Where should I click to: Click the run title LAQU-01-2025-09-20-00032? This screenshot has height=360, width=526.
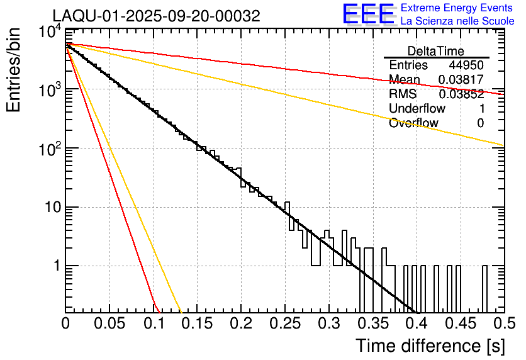click(156, 16)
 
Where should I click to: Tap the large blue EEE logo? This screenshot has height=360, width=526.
click(368, 14)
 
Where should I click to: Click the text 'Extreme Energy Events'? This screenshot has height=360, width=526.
click(457, 8)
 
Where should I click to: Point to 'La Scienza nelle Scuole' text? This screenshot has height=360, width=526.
click(457, 21)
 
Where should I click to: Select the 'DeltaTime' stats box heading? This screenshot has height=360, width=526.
click(436, 51)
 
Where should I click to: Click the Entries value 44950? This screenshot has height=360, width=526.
click(466, 65)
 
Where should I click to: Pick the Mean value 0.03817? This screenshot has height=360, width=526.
click(461, 80)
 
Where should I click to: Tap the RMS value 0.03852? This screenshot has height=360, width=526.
click(461, 94)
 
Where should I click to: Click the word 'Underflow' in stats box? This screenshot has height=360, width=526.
click(417, 109)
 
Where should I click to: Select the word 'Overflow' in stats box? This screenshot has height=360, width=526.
click(413, 123)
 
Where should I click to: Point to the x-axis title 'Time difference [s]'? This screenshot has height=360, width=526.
click(430, 346)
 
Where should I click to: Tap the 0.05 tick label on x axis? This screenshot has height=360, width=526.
click(109, 323)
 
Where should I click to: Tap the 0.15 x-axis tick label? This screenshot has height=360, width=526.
click(197, 323)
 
